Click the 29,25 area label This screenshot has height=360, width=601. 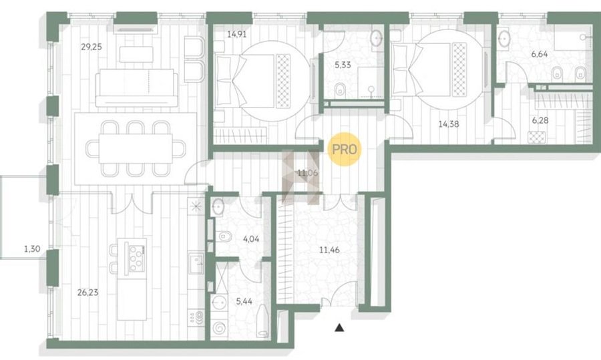(91, 47)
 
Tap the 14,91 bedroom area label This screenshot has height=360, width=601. (236, 34)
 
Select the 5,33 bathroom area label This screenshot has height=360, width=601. (343, 65)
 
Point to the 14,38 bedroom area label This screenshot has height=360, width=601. (449, 124)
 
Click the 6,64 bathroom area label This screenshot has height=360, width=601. (540, 54)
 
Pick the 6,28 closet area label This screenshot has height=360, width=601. (540, 120)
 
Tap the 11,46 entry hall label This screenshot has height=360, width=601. (330, 250)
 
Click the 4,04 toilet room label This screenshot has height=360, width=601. (251, 239)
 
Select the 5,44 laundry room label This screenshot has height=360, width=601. (244, 301)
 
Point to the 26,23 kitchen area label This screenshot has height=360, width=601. (87, 293)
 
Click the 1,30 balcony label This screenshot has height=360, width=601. (32, 249)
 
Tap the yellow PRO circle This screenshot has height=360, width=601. (345, 149)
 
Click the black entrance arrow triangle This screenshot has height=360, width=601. (339, 328)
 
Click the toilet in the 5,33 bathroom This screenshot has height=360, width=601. (340, 91)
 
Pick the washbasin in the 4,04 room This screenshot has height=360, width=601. (218, 208)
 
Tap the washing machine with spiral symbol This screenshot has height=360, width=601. (220, 328)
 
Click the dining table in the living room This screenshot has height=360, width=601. (136, 148)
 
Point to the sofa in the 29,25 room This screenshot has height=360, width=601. (136, 87)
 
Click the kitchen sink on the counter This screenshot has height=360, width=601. (196, 263)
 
